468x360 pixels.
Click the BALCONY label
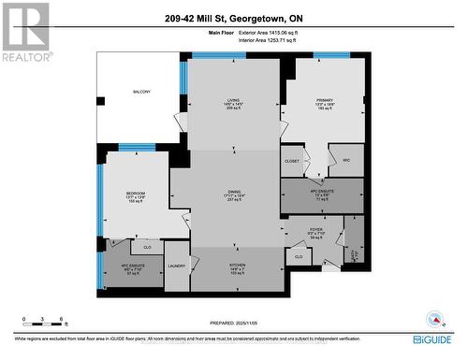140,92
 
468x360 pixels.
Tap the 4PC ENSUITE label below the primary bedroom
321,194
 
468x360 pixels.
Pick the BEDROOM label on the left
135,195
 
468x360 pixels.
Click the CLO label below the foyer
299,256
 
